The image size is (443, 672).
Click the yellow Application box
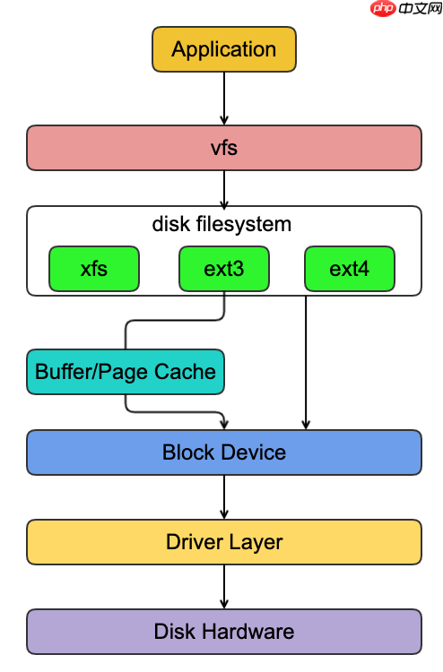pos(224,49)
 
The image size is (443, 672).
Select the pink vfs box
pos(224,148)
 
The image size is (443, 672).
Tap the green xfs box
pos(94,269)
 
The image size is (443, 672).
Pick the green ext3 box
pos(224,269)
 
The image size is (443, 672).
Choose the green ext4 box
pos(350,269)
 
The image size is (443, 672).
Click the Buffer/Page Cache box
pos(126,372)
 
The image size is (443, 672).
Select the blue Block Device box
pos(224,452)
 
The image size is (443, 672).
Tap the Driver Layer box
pos(224,542)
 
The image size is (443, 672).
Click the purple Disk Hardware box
pos(224,632)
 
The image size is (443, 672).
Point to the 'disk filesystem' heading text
pos(221,224)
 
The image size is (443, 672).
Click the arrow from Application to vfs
pos(224,99)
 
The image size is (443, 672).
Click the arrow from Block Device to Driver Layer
pos(224,497)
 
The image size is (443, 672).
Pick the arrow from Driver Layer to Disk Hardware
pos(224,587)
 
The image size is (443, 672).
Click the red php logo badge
pos(383,8)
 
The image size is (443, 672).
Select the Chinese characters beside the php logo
pos(420,8)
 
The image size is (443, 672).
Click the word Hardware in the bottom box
pos(248,632)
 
